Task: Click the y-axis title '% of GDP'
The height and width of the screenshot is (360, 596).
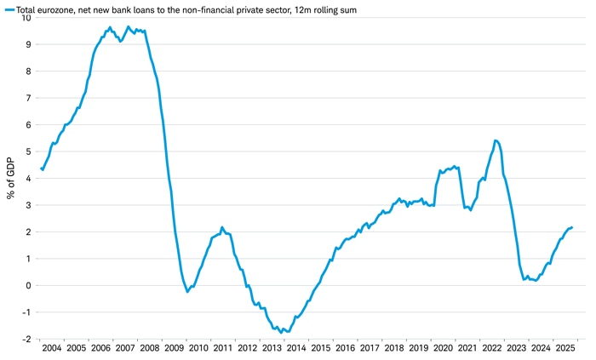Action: (11, 178)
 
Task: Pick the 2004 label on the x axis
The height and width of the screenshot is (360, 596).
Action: (51, 348)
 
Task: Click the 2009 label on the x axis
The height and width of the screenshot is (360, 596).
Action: (174, 348)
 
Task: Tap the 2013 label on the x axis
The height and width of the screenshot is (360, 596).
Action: (272, 348)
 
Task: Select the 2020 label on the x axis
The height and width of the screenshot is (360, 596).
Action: (443, 348)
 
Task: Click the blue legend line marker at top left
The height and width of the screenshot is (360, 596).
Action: (8, 7)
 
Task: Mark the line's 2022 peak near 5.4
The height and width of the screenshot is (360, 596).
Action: (496, 140)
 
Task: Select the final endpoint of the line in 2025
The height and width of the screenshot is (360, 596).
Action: (572, 227)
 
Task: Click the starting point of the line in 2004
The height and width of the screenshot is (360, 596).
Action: (42, 169)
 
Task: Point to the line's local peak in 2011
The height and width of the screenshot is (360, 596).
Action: (222, 227)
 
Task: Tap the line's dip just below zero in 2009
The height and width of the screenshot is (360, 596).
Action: (187, 292)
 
